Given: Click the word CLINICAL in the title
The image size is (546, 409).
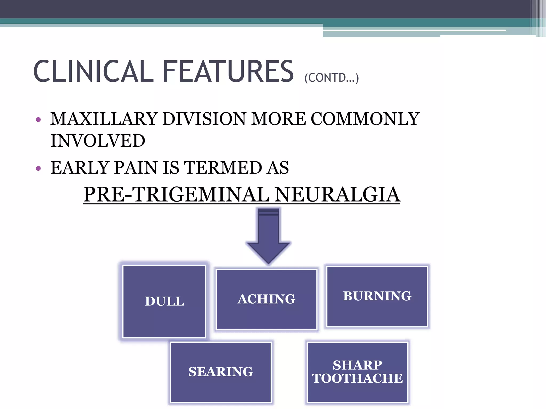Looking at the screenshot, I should tap(93, 71).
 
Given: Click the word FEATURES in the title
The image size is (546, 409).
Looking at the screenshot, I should tap(228, 71).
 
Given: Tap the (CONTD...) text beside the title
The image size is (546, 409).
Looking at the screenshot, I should tap(332, 78).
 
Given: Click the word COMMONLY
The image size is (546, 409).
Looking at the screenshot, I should tap(365, 119).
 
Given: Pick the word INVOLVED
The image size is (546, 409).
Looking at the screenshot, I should tap(98, 141).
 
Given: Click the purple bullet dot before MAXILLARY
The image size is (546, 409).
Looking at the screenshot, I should tap(38, 120).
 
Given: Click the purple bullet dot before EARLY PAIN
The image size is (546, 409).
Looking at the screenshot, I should tap(38, 168).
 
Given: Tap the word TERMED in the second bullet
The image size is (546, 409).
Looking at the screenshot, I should tap(223, 168).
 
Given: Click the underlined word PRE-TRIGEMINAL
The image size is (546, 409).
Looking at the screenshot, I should tap(176, 194).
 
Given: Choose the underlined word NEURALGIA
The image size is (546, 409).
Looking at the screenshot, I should tap(337, 194).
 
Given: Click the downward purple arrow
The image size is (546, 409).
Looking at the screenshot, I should tap(268, 237).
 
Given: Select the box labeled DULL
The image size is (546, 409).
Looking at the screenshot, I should tap(164, 302).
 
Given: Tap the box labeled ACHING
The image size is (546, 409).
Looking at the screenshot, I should tap(266, 299).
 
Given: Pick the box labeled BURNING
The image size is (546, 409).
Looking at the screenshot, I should tap(377, 296).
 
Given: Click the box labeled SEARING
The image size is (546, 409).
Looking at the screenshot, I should tap(221, 372).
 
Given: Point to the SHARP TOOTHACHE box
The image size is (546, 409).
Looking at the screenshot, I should tap(357, 372).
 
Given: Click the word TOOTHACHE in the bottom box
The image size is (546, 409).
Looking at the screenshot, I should tap(357, 378).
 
